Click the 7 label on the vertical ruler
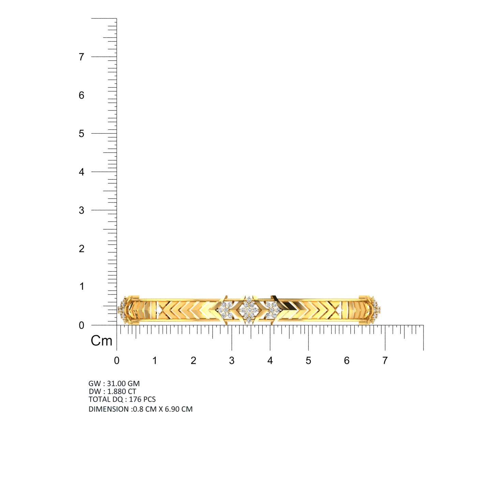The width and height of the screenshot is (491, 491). click(81, 57)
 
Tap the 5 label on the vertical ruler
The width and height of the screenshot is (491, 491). click(81, 134)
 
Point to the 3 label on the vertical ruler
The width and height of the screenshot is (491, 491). click(81, 210)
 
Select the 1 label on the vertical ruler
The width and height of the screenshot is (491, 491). click(81, 286)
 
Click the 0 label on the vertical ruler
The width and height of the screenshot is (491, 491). click(81, 325)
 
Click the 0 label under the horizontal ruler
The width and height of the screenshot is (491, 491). click(117, 360)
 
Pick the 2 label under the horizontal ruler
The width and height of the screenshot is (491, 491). click(193, 360)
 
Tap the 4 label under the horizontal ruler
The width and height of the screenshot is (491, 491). click(270, 360)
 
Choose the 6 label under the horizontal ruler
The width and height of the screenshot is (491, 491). click(347, 360)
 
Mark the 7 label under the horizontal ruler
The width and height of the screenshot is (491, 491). click(385, 360)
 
